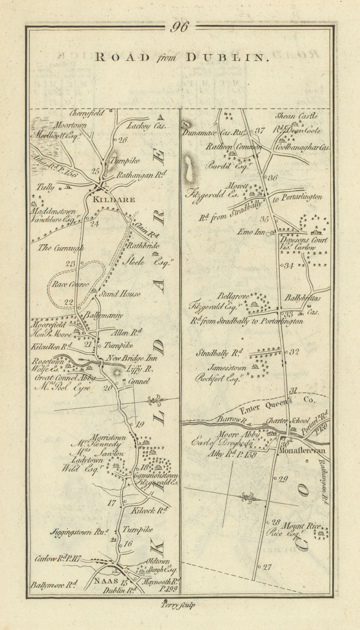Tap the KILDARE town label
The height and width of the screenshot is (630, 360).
coord(114,200)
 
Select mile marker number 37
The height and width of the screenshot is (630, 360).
coord(260,131)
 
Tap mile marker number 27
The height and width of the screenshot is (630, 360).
coord(267,567)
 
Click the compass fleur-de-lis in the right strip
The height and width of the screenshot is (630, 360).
coord(247,497)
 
